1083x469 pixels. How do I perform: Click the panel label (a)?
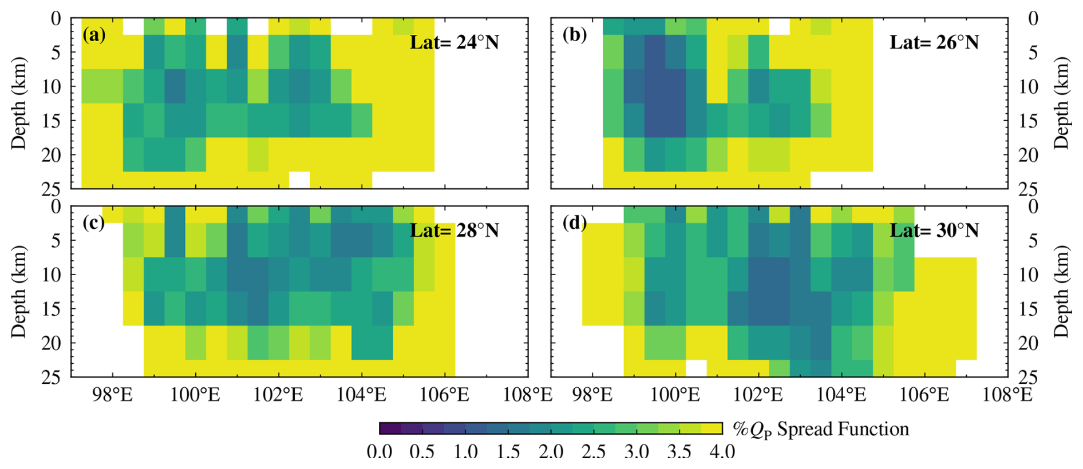(x=94, y=35)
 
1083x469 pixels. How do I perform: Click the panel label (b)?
(x=574, y=35)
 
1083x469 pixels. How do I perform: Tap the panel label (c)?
(x=94, y=222)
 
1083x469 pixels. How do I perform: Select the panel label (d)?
(x=574, y=222)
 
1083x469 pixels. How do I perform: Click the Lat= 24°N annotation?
(x=454, y=42)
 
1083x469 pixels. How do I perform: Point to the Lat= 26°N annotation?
(x=934, y=42)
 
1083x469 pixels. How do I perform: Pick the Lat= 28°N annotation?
(x=454, y=230)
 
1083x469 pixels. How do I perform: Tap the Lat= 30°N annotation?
(x=934, y=230)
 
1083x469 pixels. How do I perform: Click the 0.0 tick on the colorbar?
(x=380, y=452)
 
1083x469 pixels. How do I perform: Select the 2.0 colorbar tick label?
(x=551, y=452)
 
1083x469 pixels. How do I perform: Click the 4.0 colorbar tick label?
(x=722, y=452)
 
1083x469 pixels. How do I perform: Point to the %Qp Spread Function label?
(x=820, y=429)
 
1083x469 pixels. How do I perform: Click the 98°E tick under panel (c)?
(x=113, y=395)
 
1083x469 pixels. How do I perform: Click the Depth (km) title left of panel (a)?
(x=19, y=103)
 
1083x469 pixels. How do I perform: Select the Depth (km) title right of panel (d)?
(x=1062, y=291)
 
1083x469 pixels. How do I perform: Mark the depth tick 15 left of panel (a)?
(x=52, y=121)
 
